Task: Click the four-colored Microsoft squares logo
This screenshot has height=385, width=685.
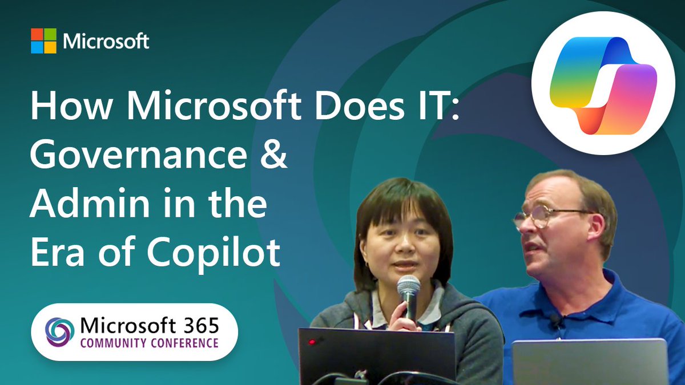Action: click(43, 41)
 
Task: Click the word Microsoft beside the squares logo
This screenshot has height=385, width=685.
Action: click(106, 41)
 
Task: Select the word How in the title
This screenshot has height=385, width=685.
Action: click(63, 107)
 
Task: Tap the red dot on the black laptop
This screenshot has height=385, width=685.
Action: click(312, 342)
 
